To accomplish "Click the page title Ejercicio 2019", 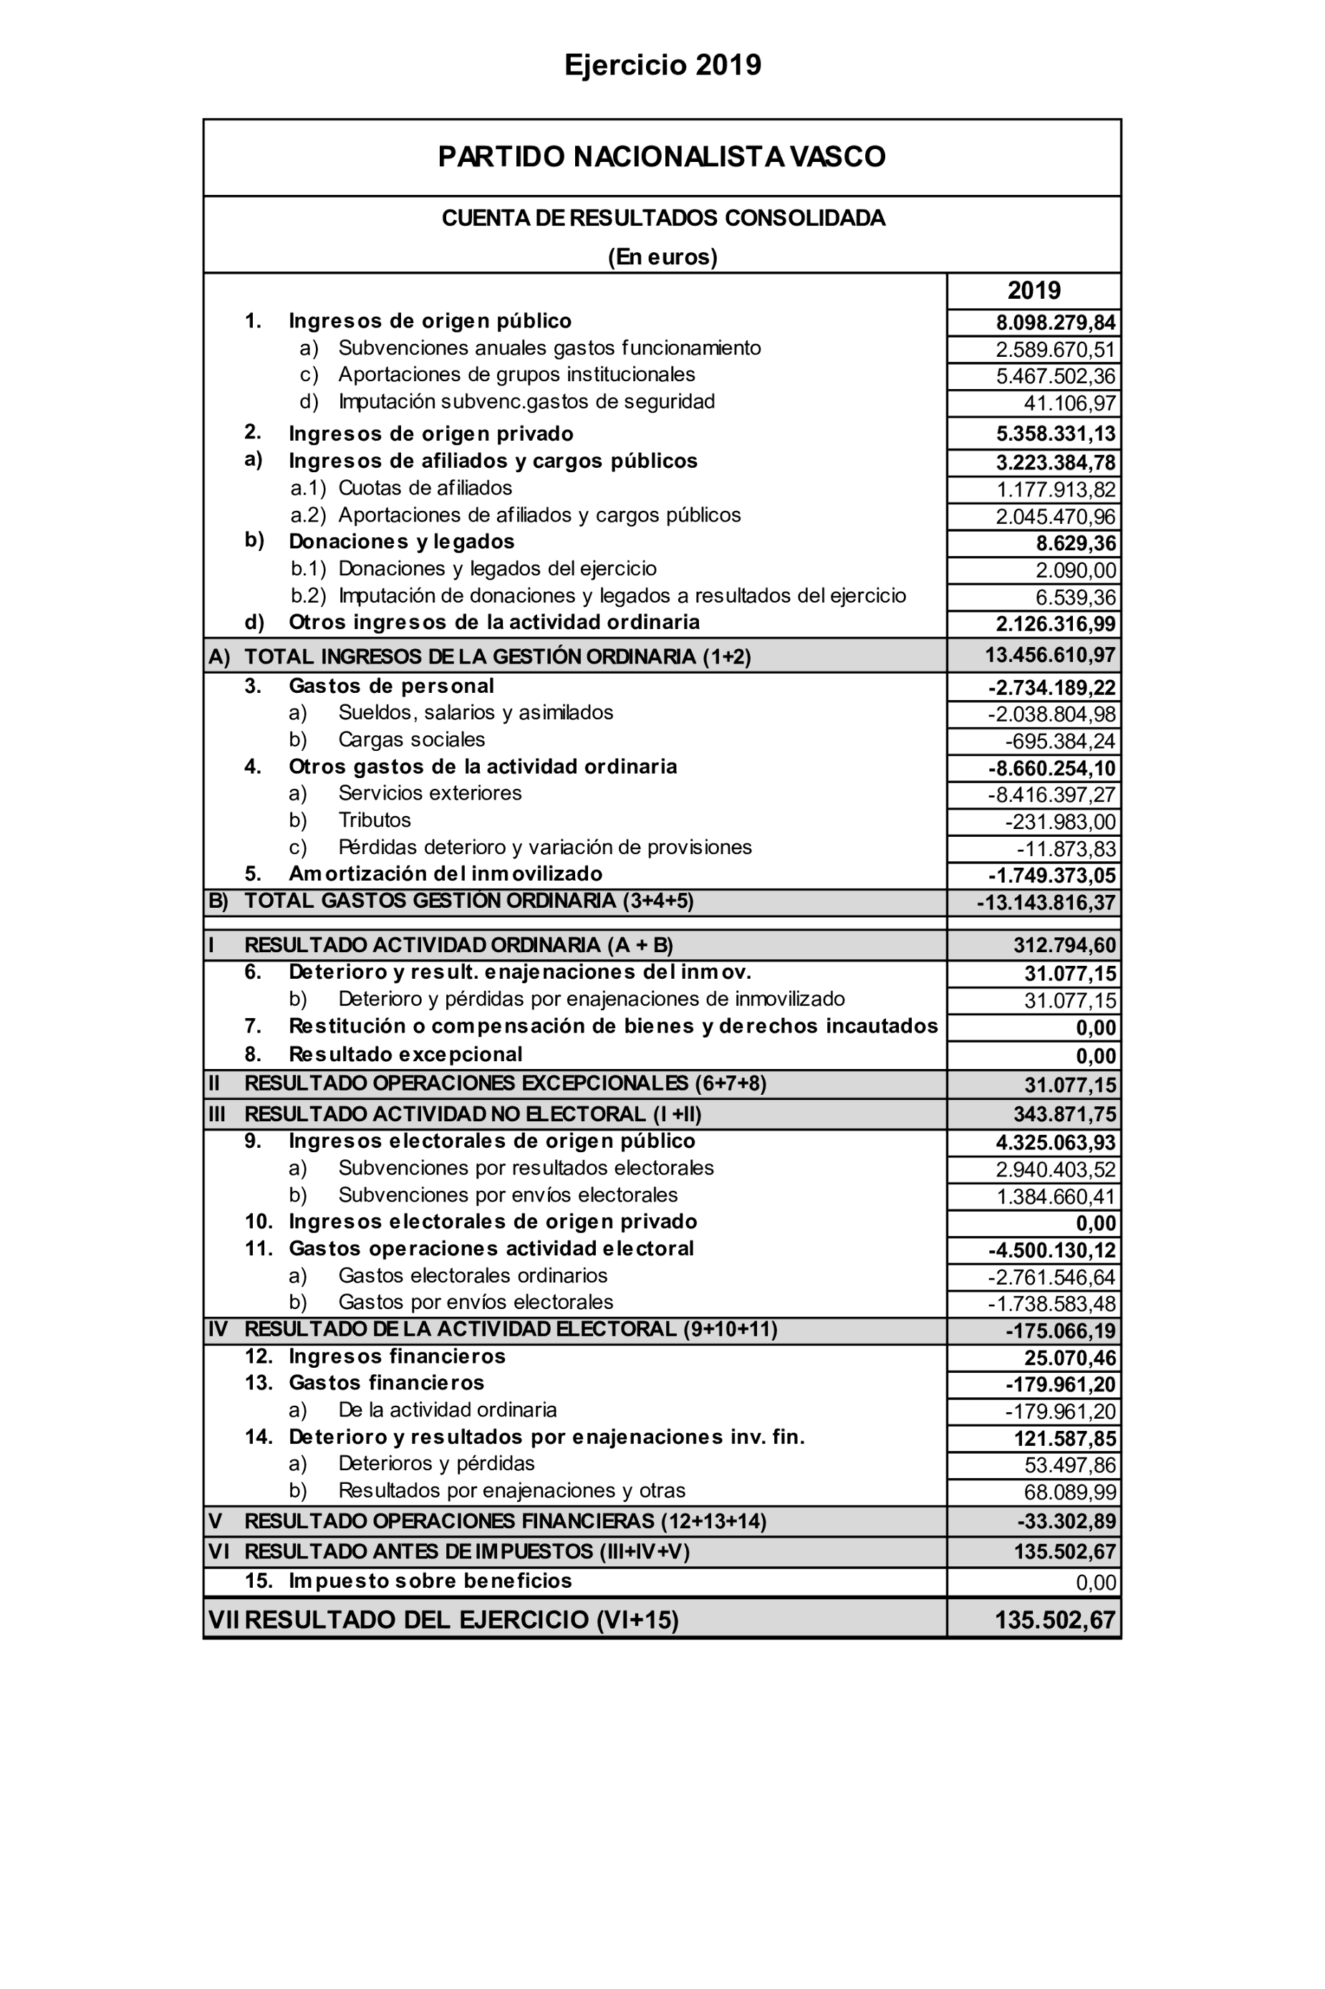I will coord(662,65).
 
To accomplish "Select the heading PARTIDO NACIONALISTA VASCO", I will coord(662,157).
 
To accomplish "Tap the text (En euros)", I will coord(662,257).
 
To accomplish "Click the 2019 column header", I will coord(1033,291).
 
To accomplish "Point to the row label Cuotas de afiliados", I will coord(425,488).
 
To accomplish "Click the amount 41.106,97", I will coord(1070,403).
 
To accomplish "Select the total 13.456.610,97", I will coord(1051,655).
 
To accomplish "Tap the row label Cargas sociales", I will coord(412,739).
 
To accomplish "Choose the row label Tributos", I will coord(375,820).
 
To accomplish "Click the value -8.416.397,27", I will coord(1052,795).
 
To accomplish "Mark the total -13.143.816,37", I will coord(1046,903).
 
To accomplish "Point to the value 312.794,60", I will coord(1065,945).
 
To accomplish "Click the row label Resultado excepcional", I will coord(405,1054).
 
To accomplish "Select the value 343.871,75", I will coord(1065,1114).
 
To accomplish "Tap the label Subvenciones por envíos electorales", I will coord(508,1194).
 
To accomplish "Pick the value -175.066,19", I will coord(1061,1331).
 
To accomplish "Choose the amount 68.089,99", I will coord(1070,1492).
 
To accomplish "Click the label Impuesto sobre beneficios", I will coord(430,1581).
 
